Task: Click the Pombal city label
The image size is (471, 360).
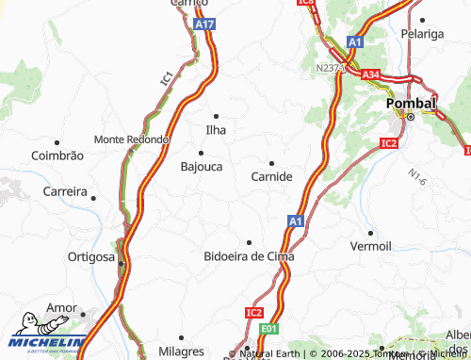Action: tap(411, 103)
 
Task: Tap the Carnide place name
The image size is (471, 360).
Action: tap(272, 176)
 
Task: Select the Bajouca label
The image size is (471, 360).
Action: tap(201, 167)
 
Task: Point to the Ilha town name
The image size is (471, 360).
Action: tap(217, 130)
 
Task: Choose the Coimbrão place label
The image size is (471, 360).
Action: tap(57, 155)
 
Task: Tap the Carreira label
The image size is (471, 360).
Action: tap(65, 191)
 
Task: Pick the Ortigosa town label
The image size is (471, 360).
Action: tap(91, 256)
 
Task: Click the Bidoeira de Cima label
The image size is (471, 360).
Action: tap(249, 256)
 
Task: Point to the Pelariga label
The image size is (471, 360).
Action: tap(423, 34)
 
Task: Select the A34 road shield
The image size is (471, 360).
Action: tap(371, 74)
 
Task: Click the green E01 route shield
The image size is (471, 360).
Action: tap(270, 329)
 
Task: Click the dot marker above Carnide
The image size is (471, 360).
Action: tap(272, 163)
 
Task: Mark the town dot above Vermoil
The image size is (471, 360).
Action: tap(370, 232)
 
